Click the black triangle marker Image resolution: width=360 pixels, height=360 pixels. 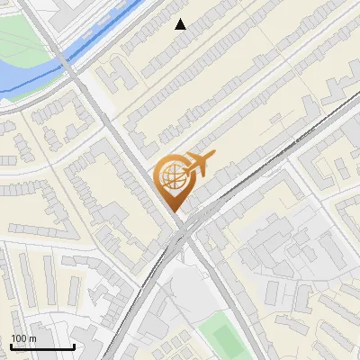(181, 24)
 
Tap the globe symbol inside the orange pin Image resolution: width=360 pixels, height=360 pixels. (171, 177)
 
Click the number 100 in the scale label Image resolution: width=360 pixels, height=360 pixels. (19, 338)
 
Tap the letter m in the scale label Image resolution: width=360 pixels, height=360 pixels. (32, 338)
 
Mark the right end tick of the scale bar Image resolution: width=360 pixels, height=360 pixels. (74, 346)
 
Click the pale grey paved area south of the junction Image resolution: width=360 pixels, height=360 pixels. (184, 288)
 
